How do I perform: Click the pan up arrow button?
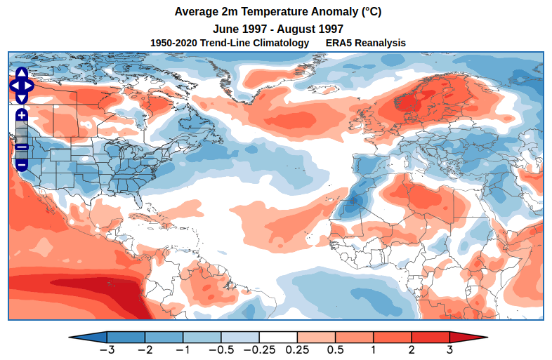[x=21, y=73]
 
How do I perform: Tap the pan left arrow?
[x=13, y=86]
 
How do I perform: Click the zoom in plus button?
[x=21, y=114]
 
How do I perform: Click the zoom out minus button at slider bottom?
[x=21, y=164]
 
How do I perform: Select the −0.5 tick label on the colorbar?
[x=221, y=349]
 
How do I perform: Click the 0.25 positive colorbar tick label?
[x=297, y=349]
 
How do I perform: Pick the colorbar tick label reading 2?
[x=412, y=349]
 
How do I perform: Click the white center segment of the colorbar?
[x=278, y=337]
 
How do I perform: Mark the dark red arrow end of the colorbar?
[x=467, y=337]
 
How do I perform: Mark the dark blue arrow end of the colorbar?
[x=88, y=337]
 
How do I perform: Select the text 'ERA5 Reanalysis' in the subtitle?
[x=365, y=43]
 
